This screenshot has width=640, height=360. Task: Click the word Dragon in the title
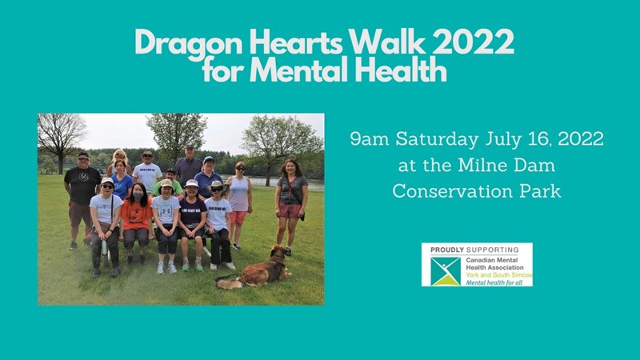tap(189, 42)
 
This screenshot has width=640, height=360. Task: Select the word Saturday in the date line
tap(437, 139)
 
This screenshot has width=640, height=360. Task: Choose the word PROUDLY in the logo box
tap(447, 250)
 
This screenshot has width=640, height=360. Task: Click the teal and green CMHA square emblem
tap(446, 271)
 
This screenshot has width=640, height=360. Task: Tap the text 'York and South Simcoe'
tap(499, 275)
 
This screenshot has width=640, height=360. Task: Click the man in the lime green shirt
tap(169, 184)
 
